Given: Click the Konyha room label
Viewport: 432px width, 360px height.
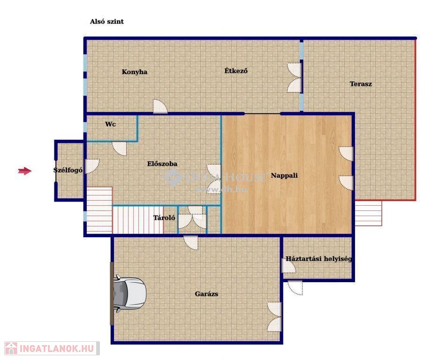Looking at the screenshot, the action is click(x=135, y=72).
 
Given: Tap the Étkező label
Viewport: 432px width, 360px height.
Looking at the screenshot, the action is click(x=236, y=71).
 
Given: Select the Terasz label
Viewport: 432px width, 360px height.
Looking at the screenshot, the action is click(x=361, y=84).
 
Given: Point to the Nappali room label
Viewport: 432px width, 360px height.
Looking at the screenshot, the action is click(x=284, y=176).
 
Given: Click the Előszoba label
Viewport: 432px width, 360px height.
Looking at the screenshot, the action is click(x=162, y=164).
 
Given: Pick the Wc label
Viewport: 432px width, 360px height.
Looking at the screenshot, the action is click(x=110, y=124).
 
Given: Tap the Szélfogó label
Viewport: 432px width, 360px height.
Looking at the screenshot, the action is click(x=68, y=170).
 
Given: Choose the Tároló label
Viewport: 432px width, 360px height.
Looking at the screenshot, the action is click(x=164, y=217).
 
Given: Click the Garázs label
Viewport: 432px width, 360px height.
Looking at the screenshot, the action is click(x=206, y=294).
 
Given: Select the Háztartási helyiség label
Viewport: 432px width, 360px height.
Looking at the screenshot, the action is click(x=318, y=259).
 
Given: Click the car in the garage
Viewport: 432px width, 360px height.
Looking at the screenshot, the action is click(x=129, y=293).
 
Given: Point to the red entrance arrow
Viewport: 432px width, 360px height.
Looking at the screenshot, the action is click(x=25, y=171).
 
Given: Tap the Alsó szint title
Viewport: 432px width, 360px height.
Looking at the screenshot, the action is click(x=106, y=22).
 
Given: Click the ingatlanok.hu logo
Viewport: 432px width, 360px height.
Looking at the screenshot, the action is click(x=52, y=348).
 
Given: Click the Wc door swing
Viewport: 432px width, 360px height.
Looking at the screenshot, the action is click(x=120, y=148).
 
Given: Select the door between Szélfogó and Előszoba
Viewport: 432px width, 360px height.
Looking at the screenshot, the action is click(x=92, y=166).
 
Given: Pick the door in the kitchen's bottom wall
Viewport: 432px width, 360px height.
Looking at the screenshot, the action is click(x=160, y=106).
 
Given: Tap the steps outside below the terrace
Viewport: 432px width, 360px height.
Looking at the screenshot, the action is click(x=368, y=213).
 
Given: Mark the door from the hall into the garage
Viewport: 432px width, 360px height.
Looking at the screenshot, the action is click(x=191, y=243).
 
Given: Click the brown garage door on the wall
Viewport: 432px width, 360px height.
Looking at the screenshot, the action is click(x=112, y=293).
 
